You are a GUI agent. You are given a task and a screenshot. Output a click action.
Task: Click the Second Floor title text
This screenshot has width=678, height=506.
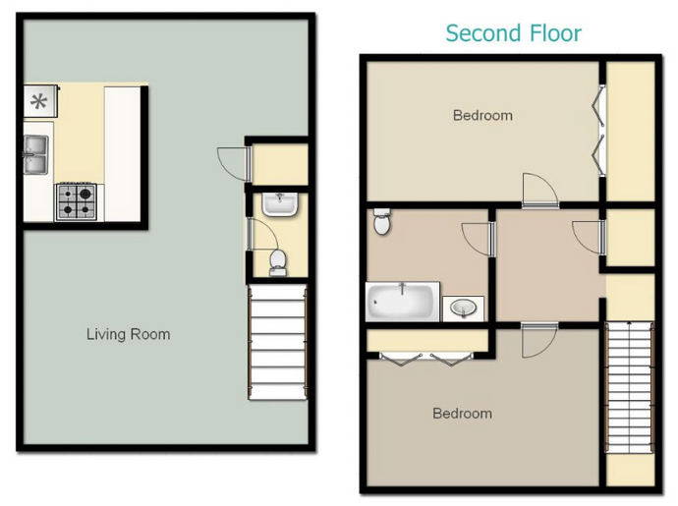[x=513, y=33]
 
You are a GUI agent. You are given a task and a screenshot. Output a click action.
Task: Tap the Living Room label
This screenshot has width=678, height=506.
[x=128, y=334]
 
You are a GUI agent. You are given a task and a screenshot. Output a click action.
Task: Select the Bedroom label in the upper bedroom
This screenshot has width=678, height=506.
[x=482, y=116]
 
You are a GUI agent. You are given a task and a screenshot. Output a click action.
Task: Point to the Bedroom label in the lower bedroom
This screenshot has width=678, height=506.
[x=462, y=414]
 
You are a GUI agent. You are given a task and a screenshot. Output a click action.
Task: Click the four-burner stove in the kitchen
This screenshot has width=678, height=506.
[x=76, y=201]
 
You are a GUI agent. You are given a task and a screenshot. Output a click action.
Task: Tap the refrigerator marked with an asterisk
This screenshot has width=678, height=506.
[x=40, y=100]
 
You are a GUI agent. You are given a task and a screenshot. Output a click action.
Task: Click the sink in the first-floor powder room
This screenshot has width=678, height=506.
[x=279, y=204]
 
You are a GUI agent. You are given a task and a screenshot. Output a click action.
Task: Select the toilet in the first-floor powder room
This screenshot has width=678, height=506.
[x=278, y=260]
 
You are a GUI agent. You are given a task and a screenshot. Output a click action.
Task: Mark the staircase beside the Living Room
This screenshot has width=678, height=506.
[x=277, y=344]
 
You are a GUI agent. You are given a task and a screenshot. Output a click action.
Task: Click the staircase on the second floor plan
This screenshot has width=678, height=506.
[x=629, y=387]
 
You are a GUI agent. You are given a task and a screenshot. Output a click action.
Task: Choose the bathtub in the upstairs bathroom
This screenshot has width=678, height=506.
[x=403, y=302]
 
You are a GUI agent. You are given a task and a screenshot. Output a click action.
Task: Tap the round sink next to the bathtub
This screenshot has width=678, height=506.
[x=463, y=309]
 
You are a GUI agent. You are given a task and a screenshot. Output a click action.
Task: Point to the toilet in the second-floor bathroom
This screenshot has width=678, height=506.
[x=383, y=223]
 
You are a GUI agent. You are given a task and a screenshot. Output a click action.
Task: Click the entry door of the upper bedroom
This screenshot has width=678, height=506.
[x=538, y=190]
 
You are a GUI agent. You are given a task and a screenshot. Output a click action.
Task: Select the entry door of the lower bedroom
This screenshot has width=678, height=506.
[x=539, y=340]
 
